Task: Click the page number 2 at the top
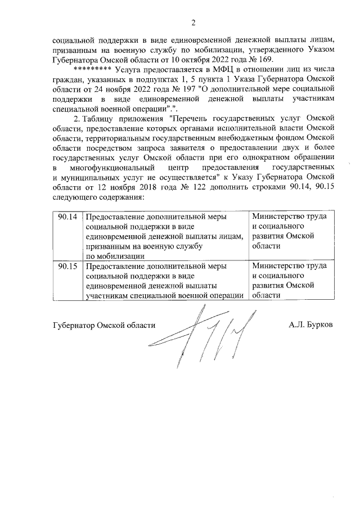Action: click(x=193, y=23)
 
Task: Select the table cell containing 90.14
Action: click(x=67, y=217)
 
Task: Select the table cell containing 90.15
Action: click(x=67, y=265)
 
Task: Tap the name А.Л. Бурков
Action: click(x=310, y=325)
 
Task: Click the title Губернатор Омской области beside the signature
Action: click(x=103, y=325)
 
